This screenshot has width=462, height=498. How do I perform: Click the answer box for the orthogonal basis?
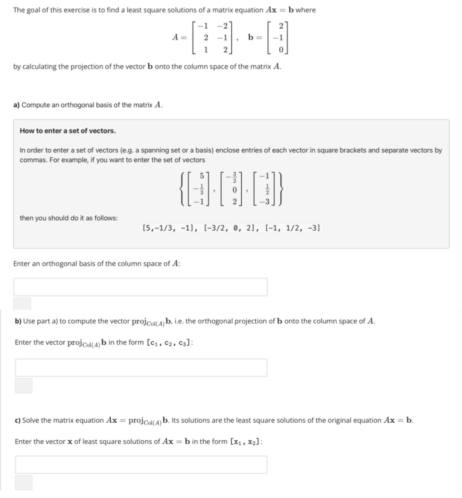pos(140,287)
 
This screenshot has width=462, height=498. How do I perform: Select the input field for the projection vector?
pos(141,367)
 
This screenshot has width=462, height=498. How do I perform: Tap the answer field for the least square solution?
pos(141,464)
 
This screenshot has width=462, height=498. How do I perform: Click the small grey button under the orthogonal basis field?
pos(22,303)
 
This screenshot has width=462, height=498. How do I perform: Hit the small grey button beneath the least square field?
pos(24,482)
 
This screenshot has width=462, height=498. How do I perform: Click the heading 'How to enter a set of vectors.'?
pos(68,131)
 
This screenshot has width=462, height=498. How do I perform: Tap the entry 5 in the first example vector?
pos(201,174)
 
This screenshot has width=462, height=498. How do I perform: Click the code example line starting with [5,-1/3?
pos(231,228)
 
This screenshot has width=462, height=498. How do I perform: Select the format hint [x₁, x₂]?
pos(246,442)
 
